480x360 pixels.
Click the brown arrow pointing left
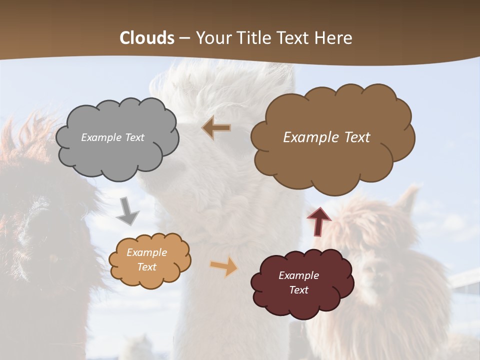click(x=216, y=127)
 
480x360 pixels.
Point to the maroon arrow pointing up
click(x=319, y=221)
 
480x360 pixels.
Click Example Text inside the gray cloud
click(x=112, y=137)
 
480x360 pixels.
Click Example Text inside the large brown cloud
click(x=326, y=137)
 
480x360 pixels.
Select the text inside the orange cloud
click(x=146, y=260)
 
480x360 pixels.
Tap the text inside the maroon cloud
click(x=298, y=282)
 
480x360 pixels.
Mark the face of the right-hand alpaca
click(x=372, y=270)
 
